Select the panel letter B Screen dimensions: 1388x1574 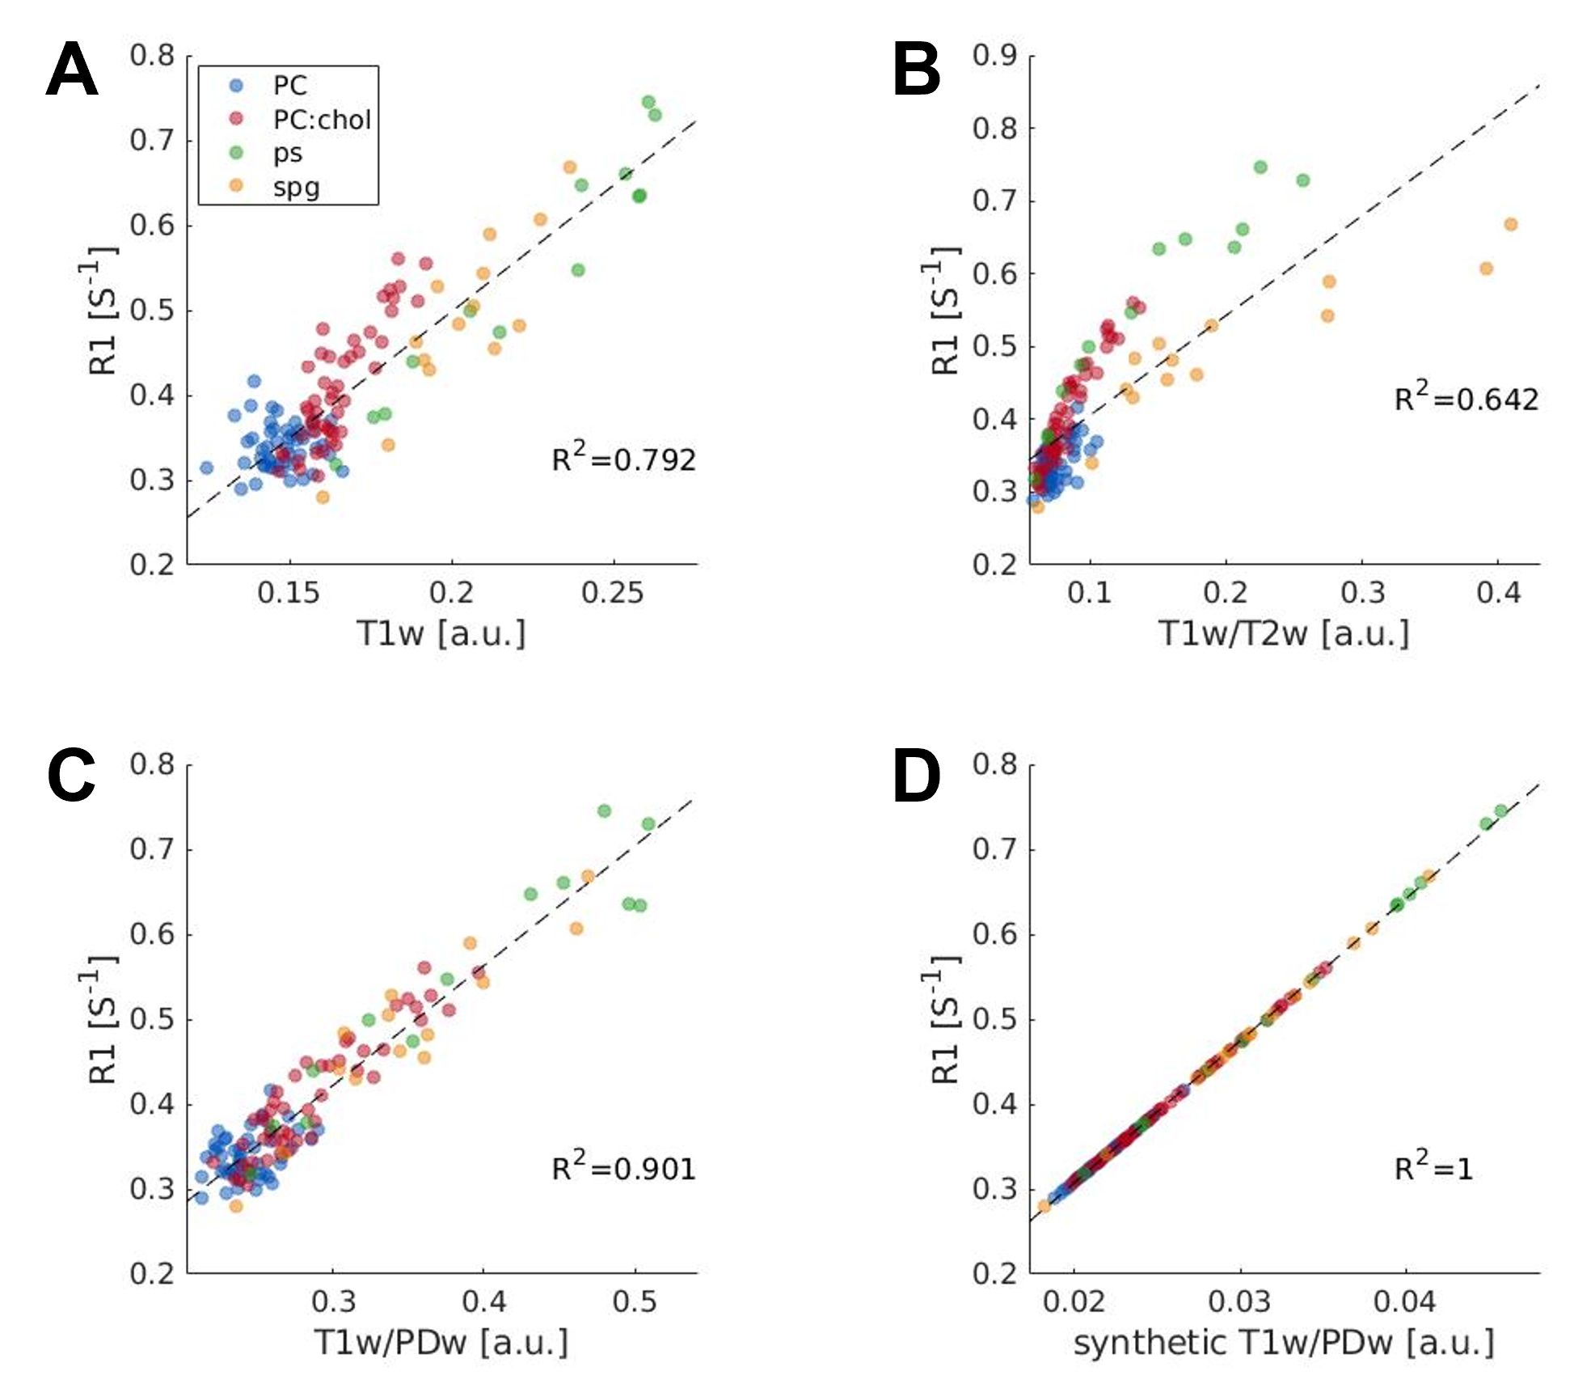tap(917, 70)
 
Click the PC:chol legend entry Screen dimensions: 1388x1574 tap(322, 120)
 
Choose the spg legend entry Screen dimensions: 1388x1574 tap(296, 188)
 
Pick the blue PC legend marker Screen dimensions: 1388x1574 tap(236, 85)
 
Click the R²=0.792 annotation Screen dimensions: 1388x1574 tap(623, 459)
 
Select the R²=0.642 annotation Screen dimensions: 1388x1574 tap(1466, 398)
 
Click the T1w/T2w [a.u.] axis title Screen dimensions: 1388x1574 tap(1284, 633)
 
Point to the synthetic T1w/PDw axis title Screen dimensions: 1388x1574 tap(1284, 1343)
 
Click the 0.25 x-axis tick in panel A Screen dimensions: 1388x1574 tap(613, 593)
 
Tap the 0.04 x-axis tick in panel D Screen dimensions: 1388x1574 tap(1406, 1301)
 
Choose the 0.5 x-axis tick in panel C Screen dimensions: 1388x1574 tap(635, 1301)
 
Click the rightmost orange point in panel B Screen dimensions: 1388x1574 tap(1510, 224)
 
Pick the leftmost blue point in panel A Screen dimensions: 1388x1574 tap(206, 468)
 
